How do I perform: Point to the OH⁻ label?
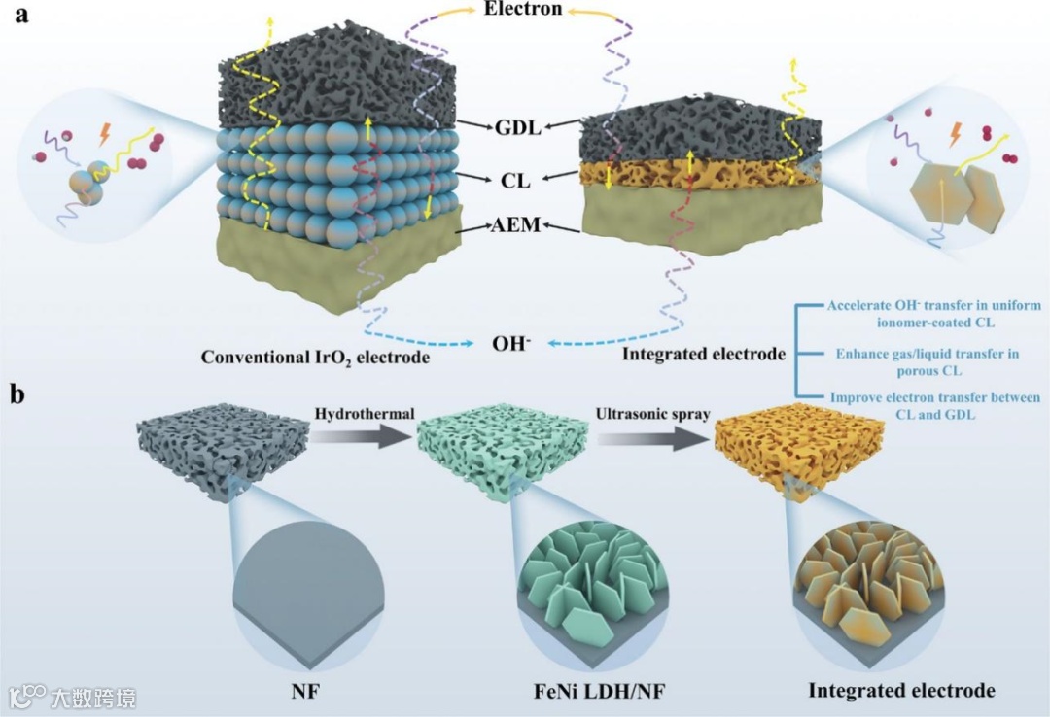pyautogui.click(x=511, y=344)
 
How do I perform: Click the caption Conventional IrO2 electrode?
pyautogui.click(x=315, y=357)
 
